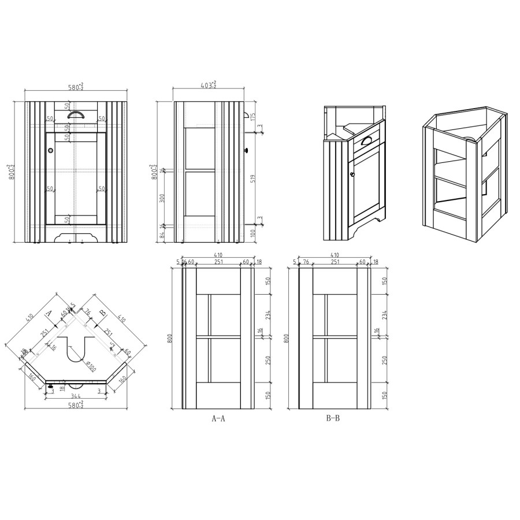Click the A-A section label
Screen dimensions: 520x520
(x=218, y=419)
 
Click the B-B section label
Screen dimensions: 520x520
(x=333, y=418)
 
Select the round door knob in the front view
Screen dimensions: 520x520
(x=51, y=150)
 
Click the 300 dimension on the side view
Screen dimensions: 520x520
(x=162, y=198)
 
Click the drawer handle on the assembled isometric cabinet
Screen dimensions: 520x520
(x=366, y=139)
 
